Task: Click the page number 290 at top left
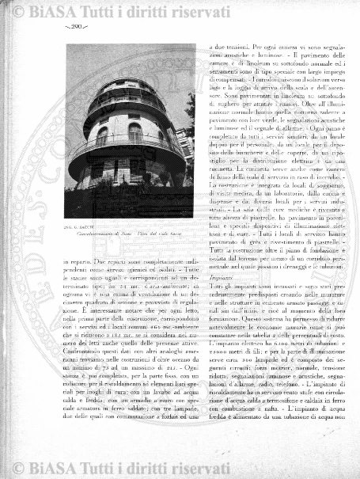(x=74, y=27)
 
